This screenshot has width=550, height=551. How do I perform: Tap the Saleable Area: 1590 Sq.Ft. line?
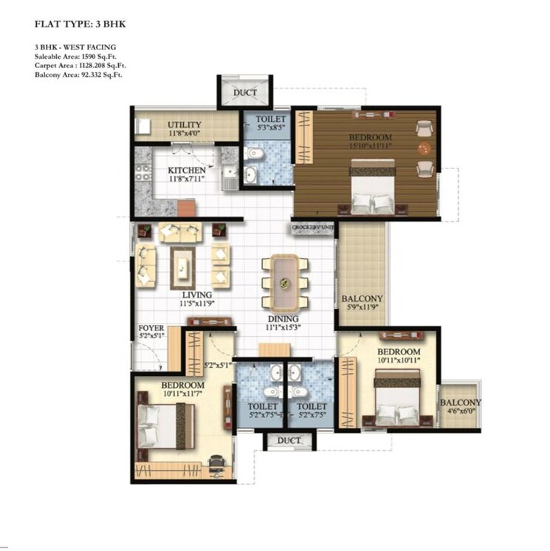(x=75, y=56)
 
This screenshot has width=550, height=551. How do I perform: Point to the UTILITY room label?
(x=185, y=124)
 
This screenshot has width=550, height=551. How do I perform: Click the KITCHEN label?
(x=187, y=171)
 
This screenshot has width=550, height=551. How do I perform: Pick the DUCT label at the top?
(x=245, y=93)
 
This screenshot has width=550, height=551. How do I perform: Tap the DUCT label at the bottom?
(x=289, y=440)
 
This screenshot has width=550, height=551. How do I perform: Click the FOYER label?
(x=151, y=327)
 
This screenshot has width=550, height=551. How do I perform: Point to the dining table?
(x=284, y=282)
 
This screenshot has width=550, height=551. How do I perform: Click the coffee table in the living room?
(x=182, y=267)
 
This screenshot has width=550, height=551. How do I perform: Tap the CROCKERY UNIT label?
(x=313, y=227)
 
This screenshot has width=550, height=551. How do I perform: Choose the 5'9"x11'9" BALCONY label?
(x=360, y=299)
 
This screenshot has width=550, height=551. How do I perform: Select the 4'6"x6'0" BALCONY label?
(x=460, y=403)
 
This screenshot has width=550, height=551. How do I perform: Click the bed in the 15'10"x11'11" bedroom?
(x=372, y=191)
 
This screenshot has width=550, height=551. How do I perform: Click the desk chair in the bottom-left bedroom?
(x=216, y=464)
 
